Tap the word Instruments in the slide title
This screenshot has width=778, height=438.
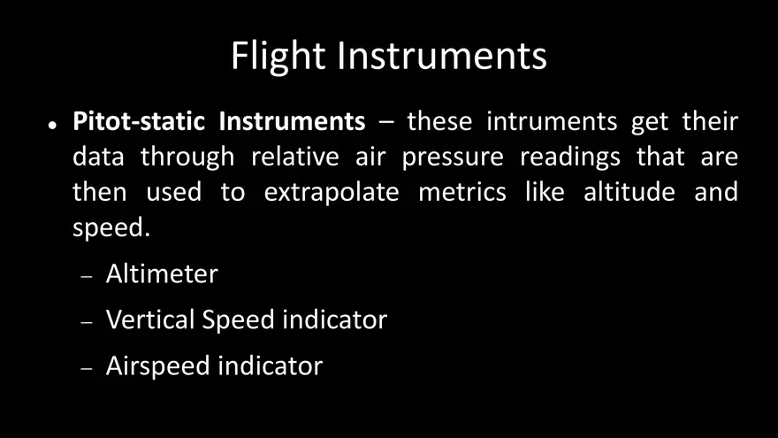(442, 56)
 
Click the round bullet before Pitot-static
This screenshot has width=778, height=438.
(53, 124)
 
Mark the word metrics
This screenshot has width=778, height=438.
(462, 192)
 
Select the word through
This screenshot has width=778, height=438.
(187, 158)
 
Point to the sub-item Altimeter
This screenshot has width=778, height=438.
(162, 274)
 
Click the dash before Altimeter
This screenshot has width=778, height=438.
(87, 277)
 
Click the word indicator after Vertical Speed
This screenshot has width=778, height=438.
(334, 319)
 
